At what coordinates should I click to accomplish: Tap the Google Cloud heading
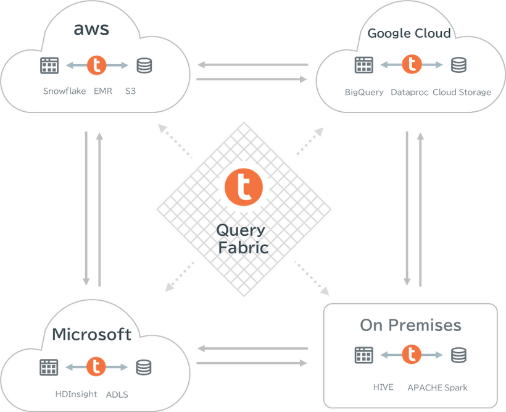tap(409, 33)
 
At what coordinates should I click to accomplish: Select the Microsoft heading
tap(92, 334)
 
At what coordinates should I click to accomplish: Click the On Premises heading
tap(410, 325)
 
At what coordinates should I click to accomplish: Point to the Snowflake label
tap(65, 91)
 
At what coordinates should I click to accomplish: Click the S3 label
tap(130, 91)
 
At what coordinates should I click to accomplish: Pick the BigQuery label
tap(364, 92)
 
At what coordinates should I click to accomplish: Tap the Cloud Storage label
tap(462, 92)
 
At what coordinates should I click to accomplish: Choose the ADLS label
tap(117, 393)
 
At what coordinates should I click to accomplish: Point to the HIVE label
tap(383, 387)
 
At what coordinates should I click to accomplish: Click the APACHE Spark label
tap(437, 387)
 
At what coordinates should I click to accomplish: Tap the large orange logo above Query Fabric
tap(243, 187)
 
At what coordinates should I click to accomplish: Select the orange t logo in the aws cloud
tap(97, 64)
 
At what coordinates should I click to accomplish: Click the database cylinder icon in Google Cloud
tap(458, 64)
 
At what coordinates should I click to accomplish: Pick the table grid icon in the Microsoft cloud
tap(49, 366)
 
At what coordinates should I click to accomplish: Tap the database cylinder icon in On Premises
tap(458, 355)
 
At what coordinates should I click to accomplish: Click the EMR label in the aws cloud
tap(103, 91)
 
